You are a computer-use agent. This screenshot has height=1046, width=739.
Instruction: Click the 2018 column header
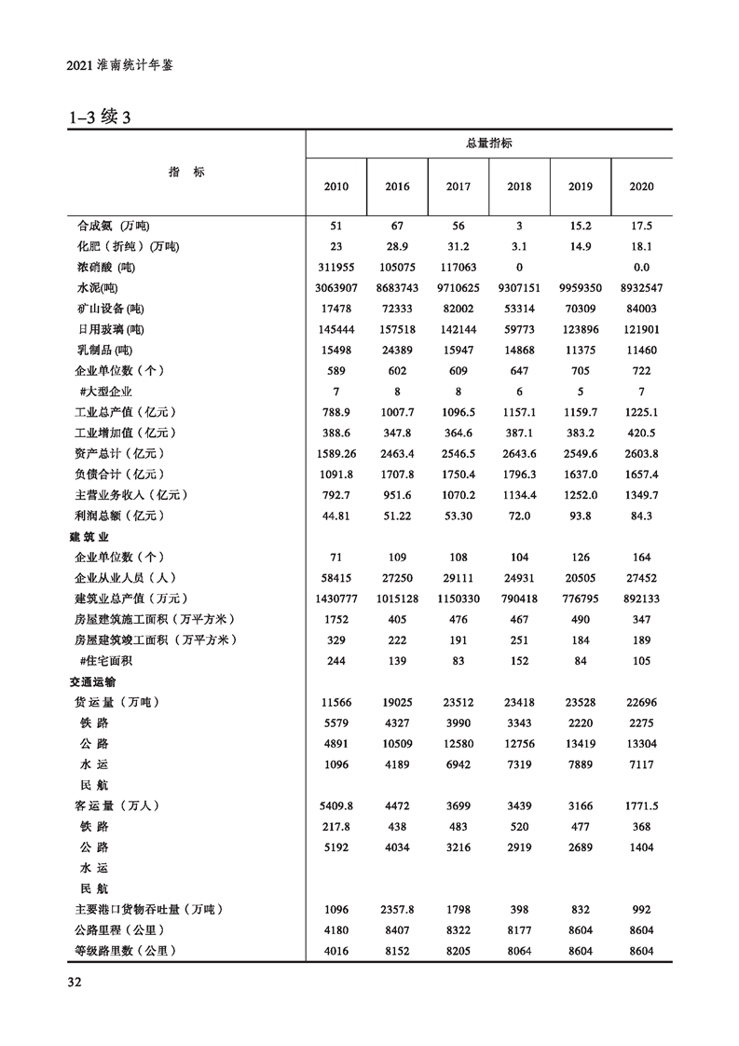tap(519, 186)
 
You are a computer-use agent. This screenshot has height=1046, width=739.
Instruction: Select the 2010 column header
tap(336, 186)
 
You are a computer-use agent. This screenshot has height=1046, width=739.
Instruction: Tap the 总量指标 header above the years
tap(488, 144)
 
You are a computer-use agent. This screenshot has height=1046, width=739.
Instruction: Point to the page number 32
tap(75, 982)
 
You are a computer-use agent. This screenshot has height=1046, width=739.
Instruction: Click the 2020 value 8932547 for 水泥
tap(641, 288)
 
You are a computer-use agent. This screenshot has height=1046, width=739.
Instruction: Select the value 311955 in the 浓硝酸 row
tap(336, 268)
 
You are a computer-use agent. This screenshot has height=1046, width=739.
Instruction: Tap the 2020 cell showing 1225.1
tap(641, 411)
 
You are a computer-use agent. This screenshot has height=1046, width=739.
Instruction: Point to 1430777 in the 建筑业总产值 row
tap(336, 598)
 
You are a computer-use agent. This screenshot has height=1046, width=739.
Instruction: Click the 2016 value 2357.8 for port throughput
tap(397, 909)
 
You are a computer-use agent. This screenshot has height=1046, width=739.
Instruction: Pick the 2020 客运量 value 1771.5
tap(641, 806)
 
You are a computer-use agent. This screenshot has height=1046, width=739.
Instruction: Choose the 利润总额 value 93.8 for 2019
tap(581, 516)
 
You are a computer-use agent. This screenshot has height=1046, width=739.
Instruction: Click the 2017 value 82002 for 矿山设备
tap(458, 309)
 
